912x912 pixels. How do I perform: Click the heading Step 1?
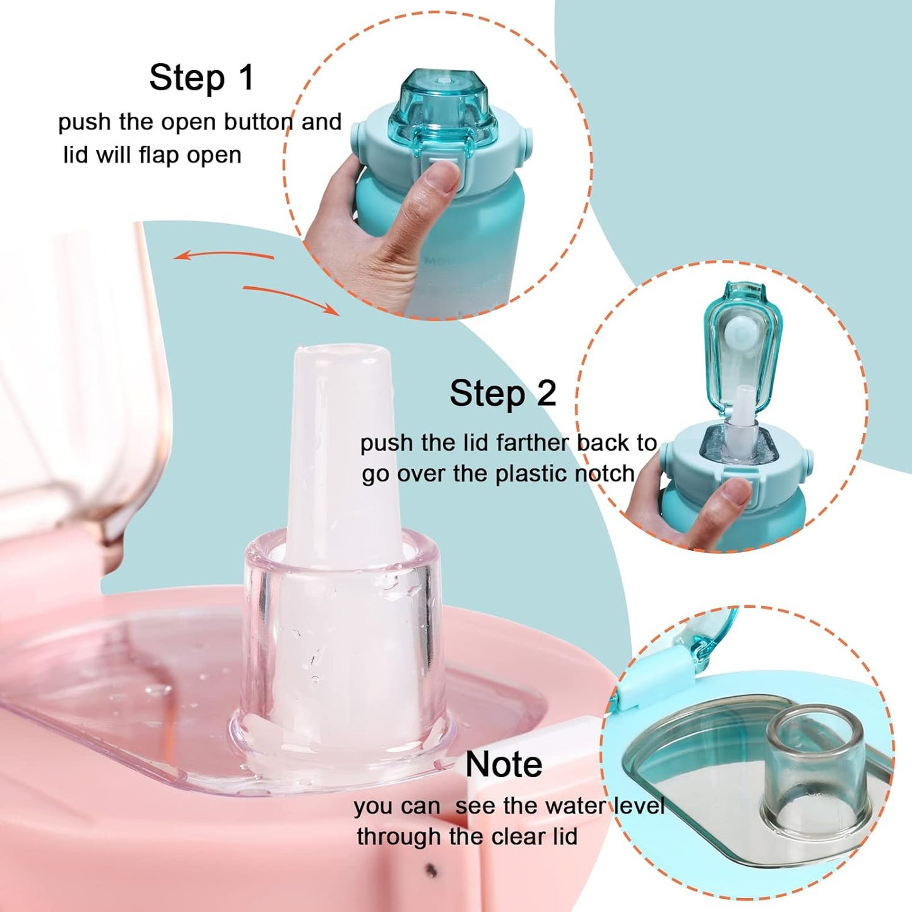(201, 78)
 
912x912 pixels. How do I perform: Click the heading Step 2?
(502, 393)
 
